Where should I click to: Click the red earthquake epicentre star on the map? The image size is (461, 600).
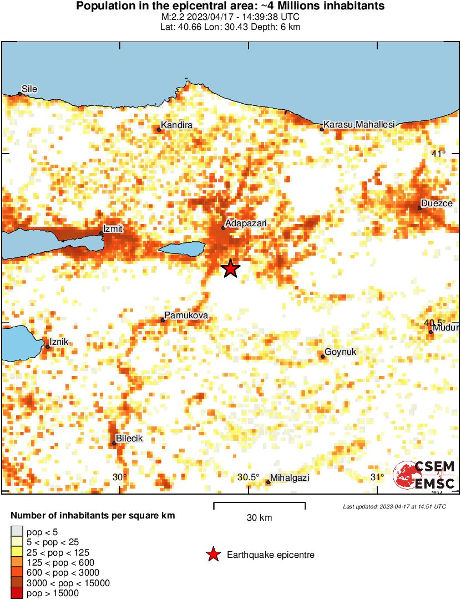230,268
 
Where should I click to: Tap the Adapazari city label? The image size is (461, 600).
246,222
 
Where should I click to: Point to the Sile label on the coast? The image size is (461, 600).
29,89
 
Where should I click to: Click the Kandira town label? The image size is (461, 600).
177,125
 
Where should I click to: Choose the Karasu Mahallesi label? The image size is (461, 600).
359,125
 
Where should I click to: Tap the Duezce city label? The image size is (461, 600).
437,203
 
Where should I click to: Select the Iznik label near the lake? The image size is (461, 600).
59,342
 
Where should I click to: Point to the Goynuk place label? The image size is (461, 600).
341,352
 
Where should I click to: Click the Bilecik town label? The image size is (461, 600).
129,438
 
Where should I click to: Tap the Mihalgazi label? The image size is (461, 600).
290,477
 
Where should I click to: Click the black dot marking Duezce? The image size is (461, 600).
419,209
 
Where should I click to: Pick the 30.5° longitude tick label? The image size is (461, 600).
249,477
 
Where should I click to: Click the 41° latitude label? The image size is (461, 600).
438,154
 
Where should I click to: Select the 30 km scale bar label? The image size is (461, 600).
259,518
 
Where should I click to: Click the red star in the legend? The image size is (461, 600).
212,555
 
